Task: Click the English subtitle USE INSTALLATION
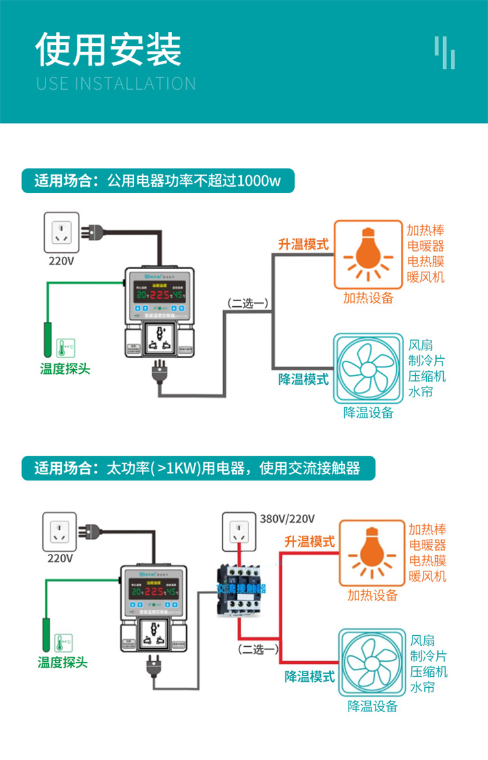116,84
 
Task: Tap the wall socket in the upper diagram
61,232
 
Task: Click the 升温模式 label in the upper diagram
303,244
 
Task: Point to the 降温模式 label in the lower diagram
310,677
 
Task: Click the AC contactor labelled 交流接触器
241,588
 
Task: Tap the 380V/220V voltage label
288,519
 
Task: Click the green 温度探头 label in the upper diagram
65,369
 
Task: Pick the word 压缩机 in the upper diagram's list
427,376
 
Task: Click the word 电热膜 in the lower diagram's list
427,560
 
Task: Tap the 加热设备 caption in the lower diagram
372,595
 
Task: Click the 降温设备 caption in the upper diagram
368,412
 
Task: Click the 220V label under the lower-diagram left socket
61,558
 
